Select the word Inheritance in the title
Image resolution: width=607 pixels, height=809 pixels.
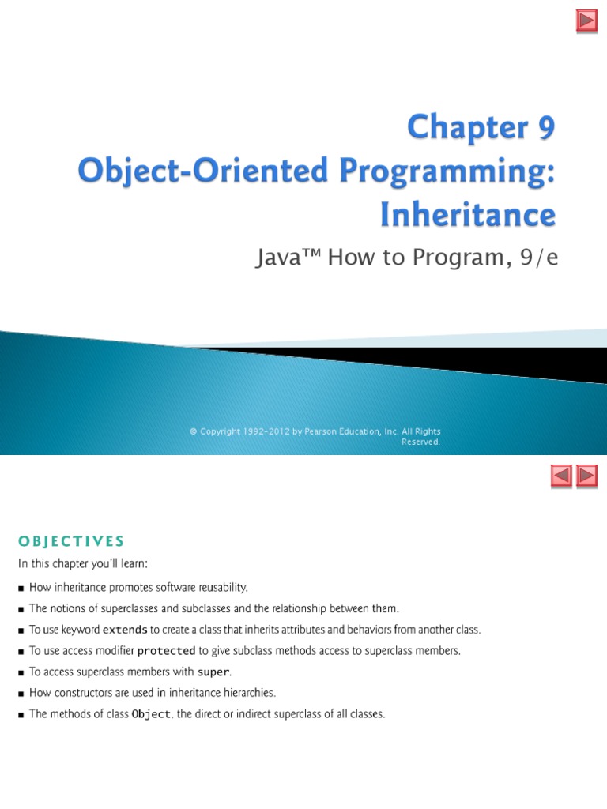click(x=469, y=214)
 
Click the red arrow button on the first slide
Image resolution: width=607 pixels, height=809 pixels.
click(x=586, y=21)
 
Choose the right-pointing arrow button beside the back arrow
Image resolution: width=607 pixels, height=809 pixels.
click(x=586, y=476)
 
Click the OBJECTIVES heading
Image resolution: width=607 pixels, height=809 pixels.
click(x=71, y=541)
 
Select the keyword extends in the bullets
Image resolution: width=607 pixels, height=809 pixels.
click(x=125, y=630)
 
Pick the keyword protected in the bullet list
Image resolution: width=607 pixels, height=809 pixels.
click(x=166, y=651)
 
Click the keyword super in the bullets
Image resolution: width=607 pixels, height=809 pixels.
click(x=213, y=672)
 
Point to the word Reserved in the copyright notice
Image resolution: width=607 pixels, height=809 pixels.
click(x=420, y=442)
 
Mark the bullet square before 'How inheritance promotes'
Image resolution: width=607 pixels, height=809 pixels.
click(x=21, y=588)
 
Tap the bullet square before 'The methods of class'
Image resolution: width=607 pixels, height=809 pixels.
click(x=21, y=715)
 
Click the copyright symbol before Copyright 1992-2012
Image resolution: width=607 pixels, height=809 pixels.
click(x=193, y=431)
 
